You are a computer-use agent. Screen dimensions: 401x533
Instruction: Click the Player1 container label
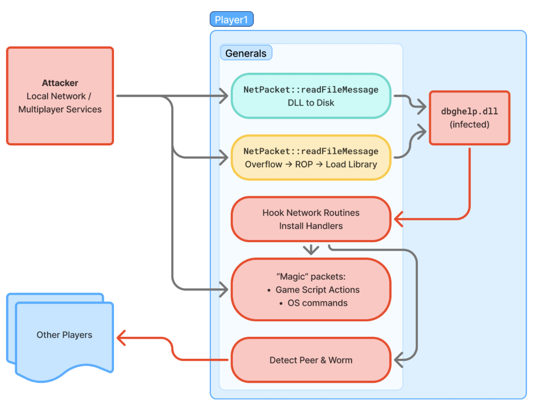(x=231, y=20)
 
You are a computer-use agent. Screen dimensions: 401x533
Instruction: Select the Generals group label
(x=246, y=53)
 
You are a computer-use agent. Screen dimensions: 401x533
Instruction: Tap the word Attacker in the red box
(x=60, y=83)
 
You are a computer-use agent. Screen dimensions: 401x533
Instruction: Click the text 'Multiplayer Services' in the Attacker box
(x=60, y=109)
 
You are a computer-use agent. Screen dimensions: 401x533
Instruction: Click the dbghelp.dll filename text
(x=469, y=112)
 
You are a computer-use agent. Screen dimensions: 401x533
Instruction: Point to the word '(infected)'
(x=469, y=125)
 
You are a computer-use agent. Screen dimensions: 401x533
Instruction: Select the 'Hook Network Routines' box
(x=311, y=212)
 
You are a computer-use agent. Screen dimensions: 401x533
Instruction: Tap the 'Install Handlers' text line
(x=311, y=226)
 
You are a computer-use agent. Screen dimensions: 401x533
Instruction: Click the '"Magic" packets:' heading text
(x=311, y=276)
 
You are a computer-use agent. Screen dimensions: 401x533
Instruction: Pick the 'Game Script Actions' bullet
(x=317, y=290)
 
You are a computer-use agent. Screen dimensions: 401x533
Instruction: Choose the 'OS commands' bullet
(x=317, y=303)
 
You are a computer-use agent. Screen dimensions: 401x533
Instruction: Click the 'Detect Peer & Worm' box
(x=311, y=360)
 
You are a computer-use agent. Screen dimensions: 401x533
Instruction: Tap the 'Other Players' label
(x=64, y=335)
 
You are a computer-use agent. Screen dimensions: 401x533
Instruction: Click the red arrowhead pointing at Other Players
(x=121, y=337)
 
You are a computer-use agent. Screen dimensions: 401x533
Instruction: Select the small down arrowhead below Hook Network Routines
(x=311, y=250)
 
